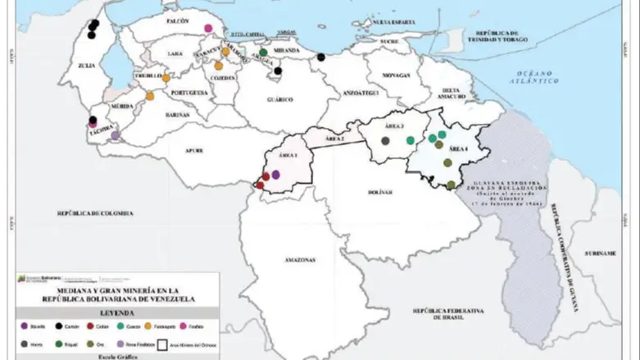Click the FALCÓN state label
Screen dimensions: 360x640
177,19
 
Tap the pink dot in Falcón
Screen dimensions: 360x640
209,28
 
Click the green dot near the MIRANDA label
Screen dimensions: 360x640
263,52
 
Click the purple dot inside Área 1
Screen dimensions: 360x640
276,174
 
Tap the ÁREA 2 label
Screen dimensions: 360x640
334,139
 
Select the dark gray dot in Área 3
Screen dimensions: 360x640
385,140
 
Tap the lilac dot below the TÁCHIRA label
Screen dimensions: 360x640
115,135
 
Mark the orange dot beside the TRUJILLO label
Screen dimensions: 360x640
166,79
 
